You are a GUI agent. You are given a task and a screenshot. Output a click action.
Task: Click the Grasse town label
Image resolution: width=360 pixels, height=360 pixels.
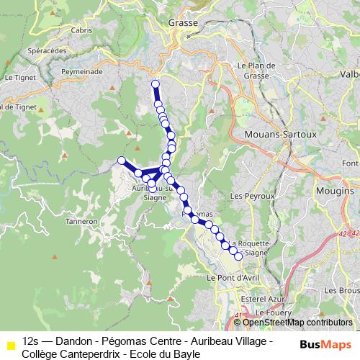182,23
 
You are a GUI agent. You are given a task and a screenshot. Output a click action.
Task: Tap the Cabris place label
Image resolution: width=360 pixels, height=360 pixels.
83,30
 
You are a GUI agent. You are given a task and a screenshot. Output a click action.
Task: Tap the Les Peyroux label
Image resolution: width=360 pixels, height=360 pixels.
252,195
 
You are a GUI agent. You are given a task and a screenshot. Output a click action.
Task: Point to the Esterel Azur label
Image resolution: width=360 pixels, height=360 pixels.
263,297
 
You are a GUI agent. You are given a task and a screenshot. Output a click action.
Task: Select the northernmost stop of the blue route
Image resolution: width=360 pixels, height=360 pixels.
155,84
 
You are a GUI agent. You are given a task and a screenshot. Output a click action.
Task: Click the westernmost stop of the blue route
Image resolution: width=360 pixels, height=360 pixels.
122,161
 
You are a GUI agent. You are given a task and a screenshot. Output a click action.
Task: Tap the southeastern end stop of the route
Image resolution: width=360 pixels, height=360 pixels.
238,256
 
